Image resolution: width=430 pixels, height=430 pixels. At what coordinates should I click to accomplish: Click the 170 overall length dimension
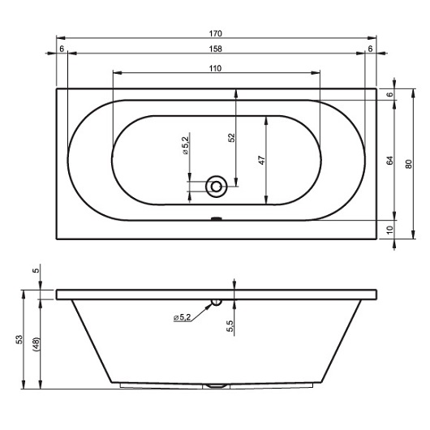215,34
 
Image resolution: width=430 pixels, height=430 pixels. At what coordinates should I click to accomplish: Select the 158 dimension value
215,49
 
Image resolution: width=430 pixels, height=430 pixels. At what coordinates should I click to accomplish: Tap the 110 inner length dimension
215,69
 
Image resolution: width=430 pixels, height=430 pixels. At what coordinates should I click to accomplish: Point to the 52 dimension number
232,137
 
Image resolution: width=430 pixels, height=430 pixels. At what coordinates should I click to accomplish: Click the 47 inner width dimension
262,160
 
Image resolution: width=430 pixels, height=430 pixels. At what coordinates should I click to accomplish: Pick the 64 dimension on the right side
389,160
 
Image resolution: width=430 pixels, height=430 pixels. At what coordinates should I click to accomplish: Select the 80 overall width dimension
409,164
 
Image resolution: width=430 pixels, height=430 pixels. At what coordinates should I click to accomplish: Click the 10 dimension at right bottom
389,230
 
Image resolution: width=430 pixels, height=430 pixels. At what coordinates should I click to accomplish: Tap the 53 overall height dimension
19,339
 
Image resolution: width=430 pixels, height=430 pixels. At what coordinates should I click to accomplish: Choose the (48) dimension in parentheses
37,345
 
